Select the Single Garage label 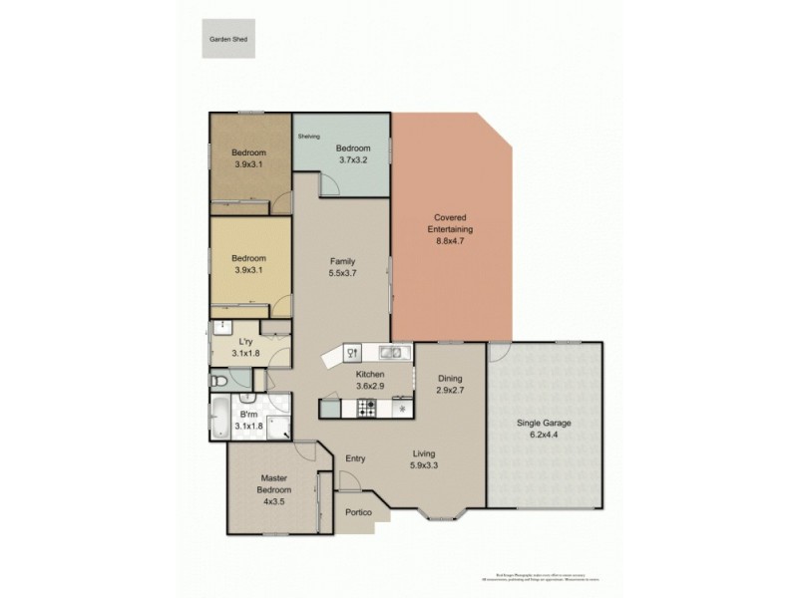point(544,423)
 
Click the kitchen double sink point(389,351)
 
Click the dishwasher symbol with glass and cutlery point(351,351)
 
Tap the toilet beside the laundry point(219,380)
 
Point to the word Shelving point(308,136)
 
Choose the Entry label point(354,458)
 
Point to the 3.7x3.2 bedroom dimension point(351,158)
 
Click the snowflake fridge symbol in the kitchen point(403,409)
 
